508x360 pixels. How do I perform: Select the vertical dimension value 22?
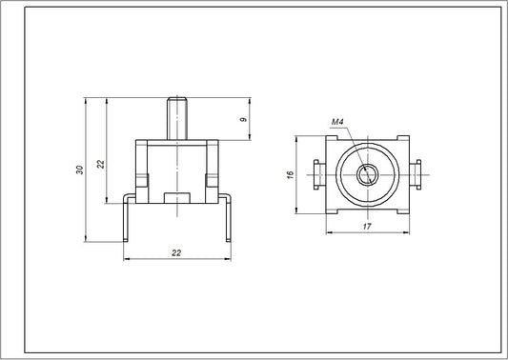tap(100, 164)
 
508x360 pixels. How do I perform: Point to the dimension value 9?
tap(243, 120)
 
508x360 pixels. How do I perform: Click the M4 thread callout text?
tap(336, 123)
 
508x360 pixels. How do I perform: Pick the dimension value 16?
tap(294, 175)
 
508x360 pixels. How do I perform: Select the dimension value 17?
tap(368, 226)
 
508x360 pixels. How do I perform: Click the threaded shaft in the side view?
tap(176, 116)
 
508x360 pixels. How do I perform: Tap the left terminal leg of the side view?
tap(127, 219)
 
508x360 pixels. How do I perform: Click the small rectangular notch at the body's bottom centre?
tap(176, 197)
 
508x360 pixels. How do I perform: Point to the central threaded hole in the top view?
tap(367, 174)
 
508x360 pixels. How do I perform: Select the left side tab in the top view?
tap(317, 174)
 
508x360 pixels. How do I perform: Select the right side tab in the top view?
tap(417, 174)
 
